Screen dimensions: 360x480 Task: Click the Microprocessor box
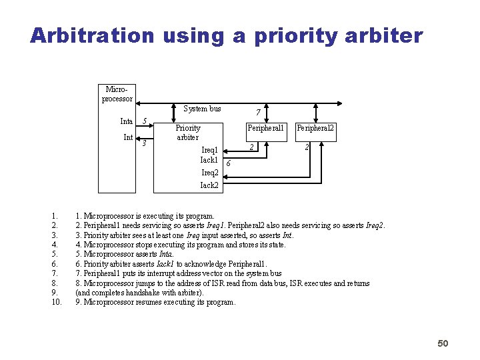click(117, 94)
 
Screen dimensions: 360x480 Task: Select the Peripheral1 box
click(265, 128)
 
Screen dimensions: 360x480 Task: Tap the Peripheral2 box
click(315, 128)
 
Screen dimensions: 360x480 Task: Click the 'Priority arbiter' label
click(187, 132)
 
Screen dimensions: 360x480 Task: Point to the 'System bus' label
click(202, 109)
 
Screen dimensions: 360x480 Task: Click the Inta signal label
click(126, 121)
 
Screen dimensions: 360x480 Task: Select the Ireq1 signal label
click(209, 150)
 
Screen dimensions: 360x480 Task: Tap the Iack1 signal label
click(209, 160)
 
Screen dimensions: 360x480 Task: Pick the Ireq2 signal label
click(209, 173)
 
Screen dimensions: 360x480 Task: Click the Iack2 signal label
click(209, 185)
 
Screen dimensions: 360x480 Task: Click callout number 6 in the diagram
click(228, 163)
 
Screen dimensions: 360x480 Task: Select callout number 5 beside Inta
click(145, 121)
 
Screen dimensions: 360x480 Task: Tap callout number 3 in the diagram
click(144, 143)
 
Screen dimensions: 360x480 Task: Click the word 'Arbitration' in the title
click(91, 35)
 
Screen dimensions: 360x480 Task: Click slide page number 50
click(443, 343)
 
